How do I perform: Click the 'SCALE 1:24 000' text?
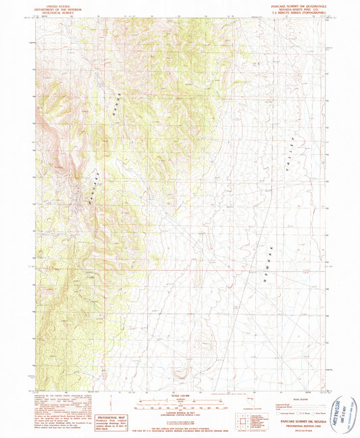click(180, 395)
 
